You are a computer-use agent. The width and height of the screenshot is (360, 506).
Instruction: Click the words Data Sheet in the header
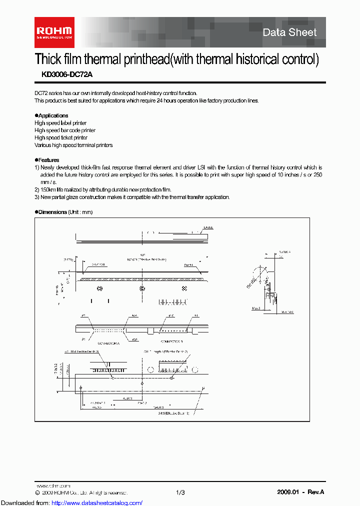[x=289, y=32]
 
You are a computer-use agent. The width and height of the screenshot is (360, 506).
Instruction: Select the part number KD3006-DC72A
[x=63, y=74]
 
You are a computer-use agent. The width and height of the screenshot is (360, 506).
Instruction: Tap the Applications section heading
[x=51, y=115]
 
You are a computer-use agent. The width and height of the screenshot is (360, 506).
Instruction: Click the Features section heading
[x=47, y=160]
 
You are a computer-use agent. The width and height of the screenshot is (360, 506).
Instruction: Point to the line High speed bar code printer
[x=65, y=130]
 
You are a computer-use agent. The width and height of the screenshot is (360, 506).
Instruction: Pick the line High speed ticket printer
[x=61, y=137]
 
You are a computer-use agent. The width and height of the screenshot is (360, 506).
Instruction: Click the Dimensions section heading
[x=51, y=212]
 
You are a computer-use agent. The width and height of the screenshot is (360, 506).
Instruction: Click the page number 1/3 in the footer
[x=180, y=492]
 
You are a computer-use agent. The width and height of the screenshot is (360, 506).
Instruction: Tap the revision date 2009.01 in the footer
[x=287, y=492]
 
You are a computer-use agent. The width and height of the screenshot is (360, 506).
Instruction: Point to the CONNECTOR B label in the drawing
[x=171, y=341]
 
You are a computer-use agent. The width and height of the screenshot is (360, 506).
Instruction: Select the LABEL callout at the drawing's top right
[x=208, y=227]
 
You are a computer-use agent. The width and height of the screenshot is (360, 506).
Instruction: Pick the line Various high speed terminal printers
[x=73, y=145]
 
